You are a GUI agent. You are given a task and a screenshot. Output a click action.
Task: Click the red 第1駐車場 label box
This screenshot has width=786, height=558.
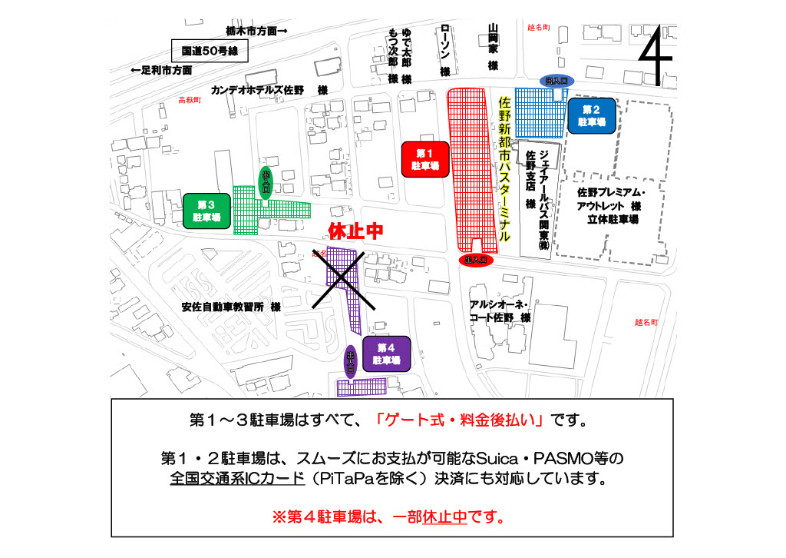click(424, 160)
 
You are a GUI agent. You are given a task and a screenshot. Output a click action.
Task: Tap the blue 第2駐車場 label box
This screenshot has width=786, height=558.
click(592, 116)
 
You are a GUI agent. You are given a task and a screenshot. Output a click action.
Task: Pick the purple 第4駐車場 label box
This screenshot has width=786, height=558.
click(387, 354)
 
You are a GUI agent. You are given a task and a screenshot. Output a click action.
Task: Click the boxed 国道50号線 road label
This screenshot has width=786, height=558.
click(210, 51)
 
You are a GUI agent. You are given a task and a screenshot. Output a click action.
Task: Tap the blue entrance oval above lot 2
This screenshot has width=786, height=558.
click(559, 80)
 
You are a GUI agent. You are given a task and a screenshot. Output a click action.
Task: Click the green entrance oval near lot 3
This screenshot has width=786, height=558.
click(266, 183)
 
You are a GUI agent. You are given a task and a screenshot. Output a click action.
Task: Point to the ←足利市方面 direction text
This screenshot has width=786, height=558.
click(161, 70)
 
